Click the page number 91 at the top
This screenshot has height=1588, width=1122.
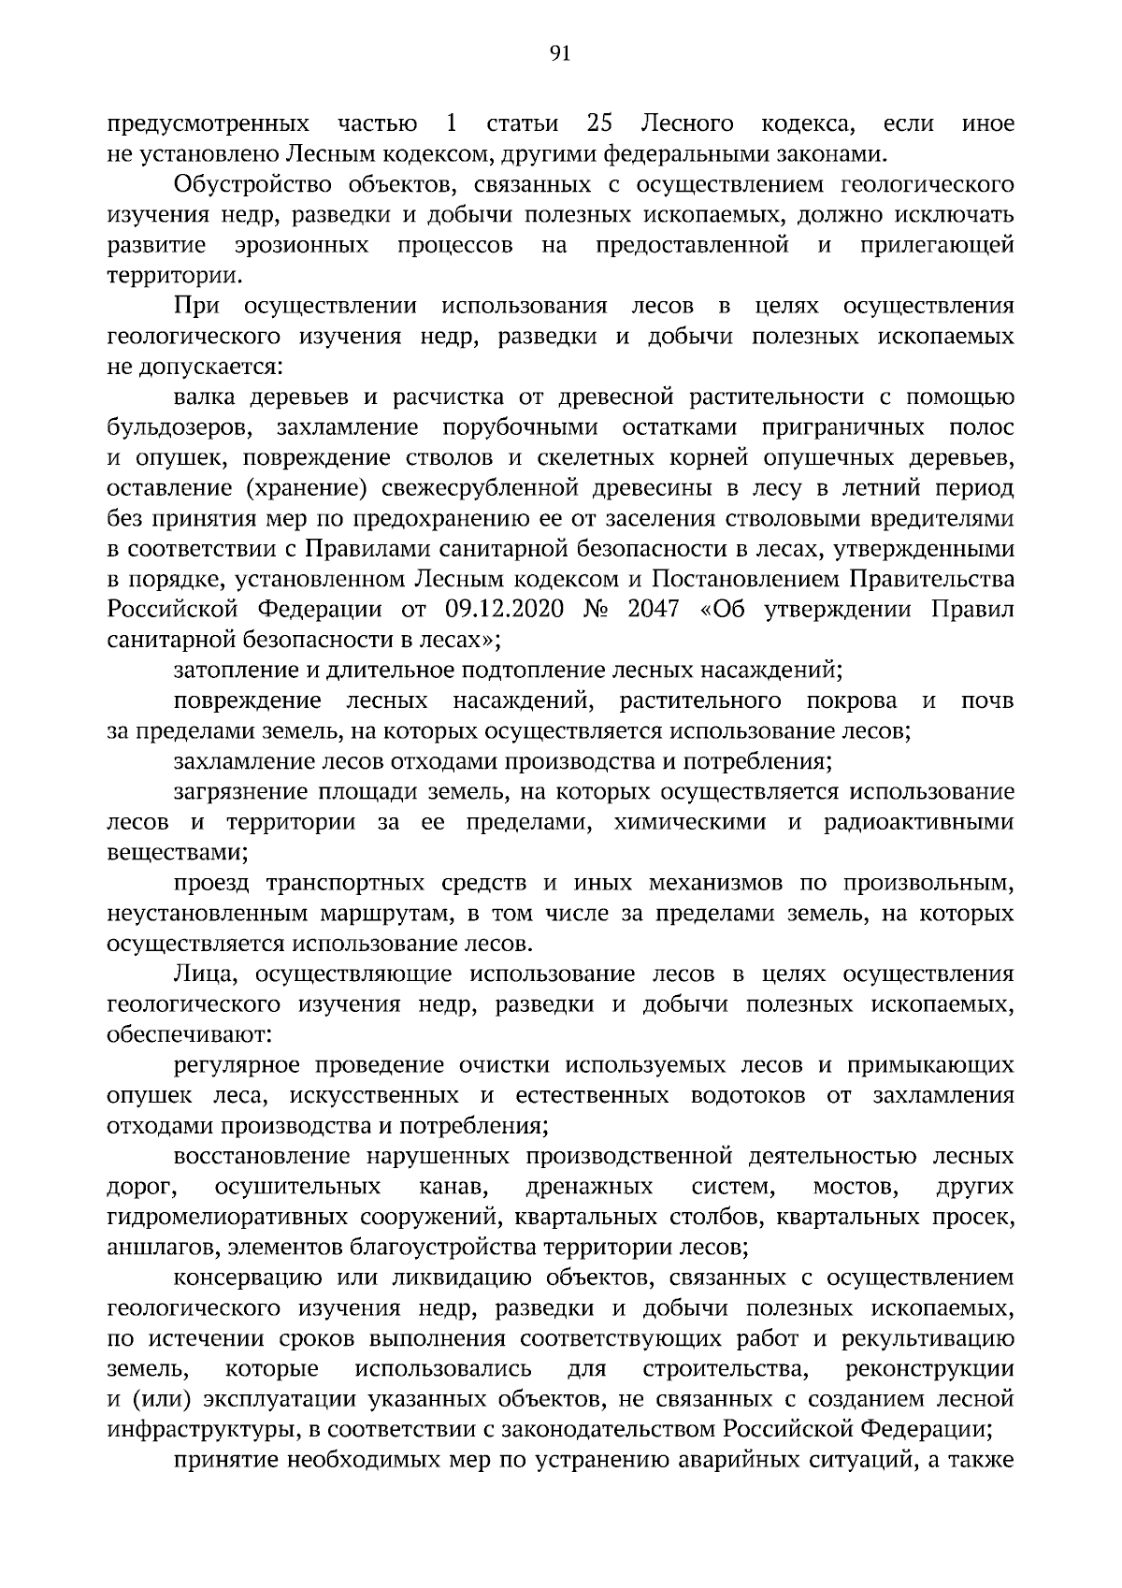pyautogui.click(x=560, y=53)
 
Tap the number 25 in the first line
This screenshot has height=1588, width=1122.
pyautogui.click(x=598, y=123)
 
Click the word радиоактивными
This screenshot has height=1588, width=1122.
pyautogui.click(x=918, y=822)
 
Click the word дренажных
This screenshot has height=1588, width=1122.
pyautogui.click(x=589, y=1187)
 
